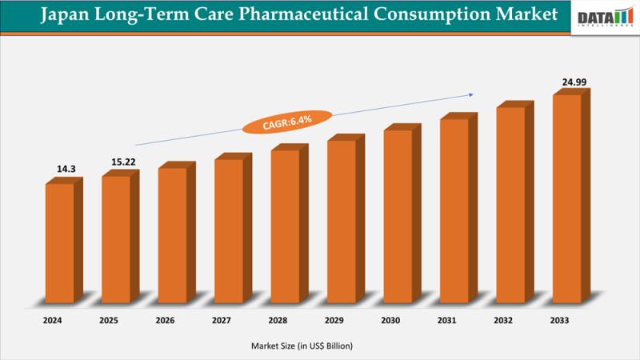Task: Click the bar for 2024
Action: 60,244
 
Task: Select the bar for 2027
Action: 229,232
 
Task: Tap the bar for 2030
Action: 398,217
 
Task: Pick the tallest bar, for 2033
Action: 567,200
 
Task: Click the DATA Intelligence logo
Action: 604,18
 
